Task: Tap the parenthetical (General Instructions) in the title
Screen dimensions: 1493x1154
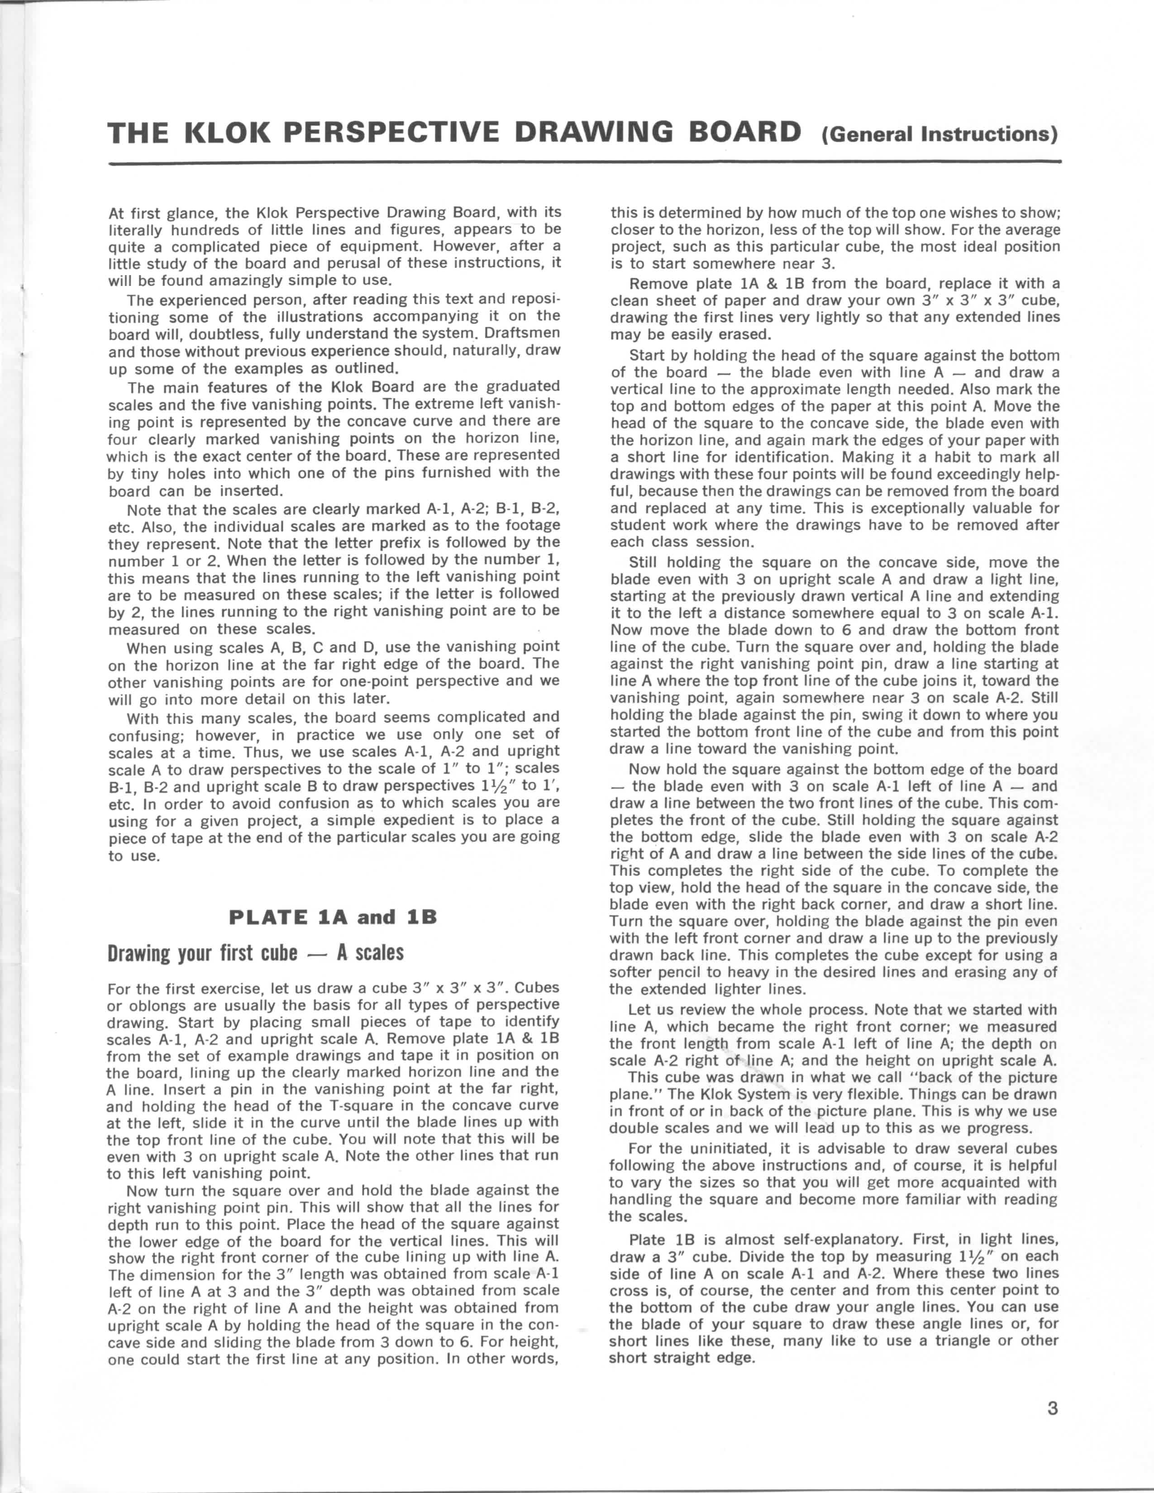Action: [x=941, y=133]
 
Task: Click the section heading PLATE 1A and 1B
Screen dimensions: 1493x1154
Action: [x=333, y=917]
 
